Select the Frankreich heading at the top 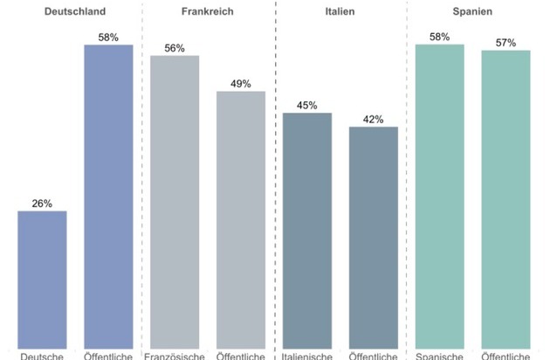tap(207, 12)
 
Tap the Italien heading tap(340, 12)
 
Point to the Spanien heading tap(472, 12)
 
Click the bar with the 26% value tap(42, 280)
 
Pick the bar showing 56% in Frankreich tap(175, 202)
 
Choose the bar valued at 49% tap(241, 219)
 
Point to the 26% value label tap(42, 204)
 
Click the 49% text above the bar tap(241, 84)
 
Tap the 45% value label tap(307, 106)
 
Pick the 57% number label tap(506, 43)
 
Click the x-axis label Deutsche tap(42, 356)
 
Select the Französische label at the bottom tap(175, 356)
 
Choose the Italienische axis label tap(307, 356)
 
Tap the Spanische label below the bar tap(440, 356)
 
